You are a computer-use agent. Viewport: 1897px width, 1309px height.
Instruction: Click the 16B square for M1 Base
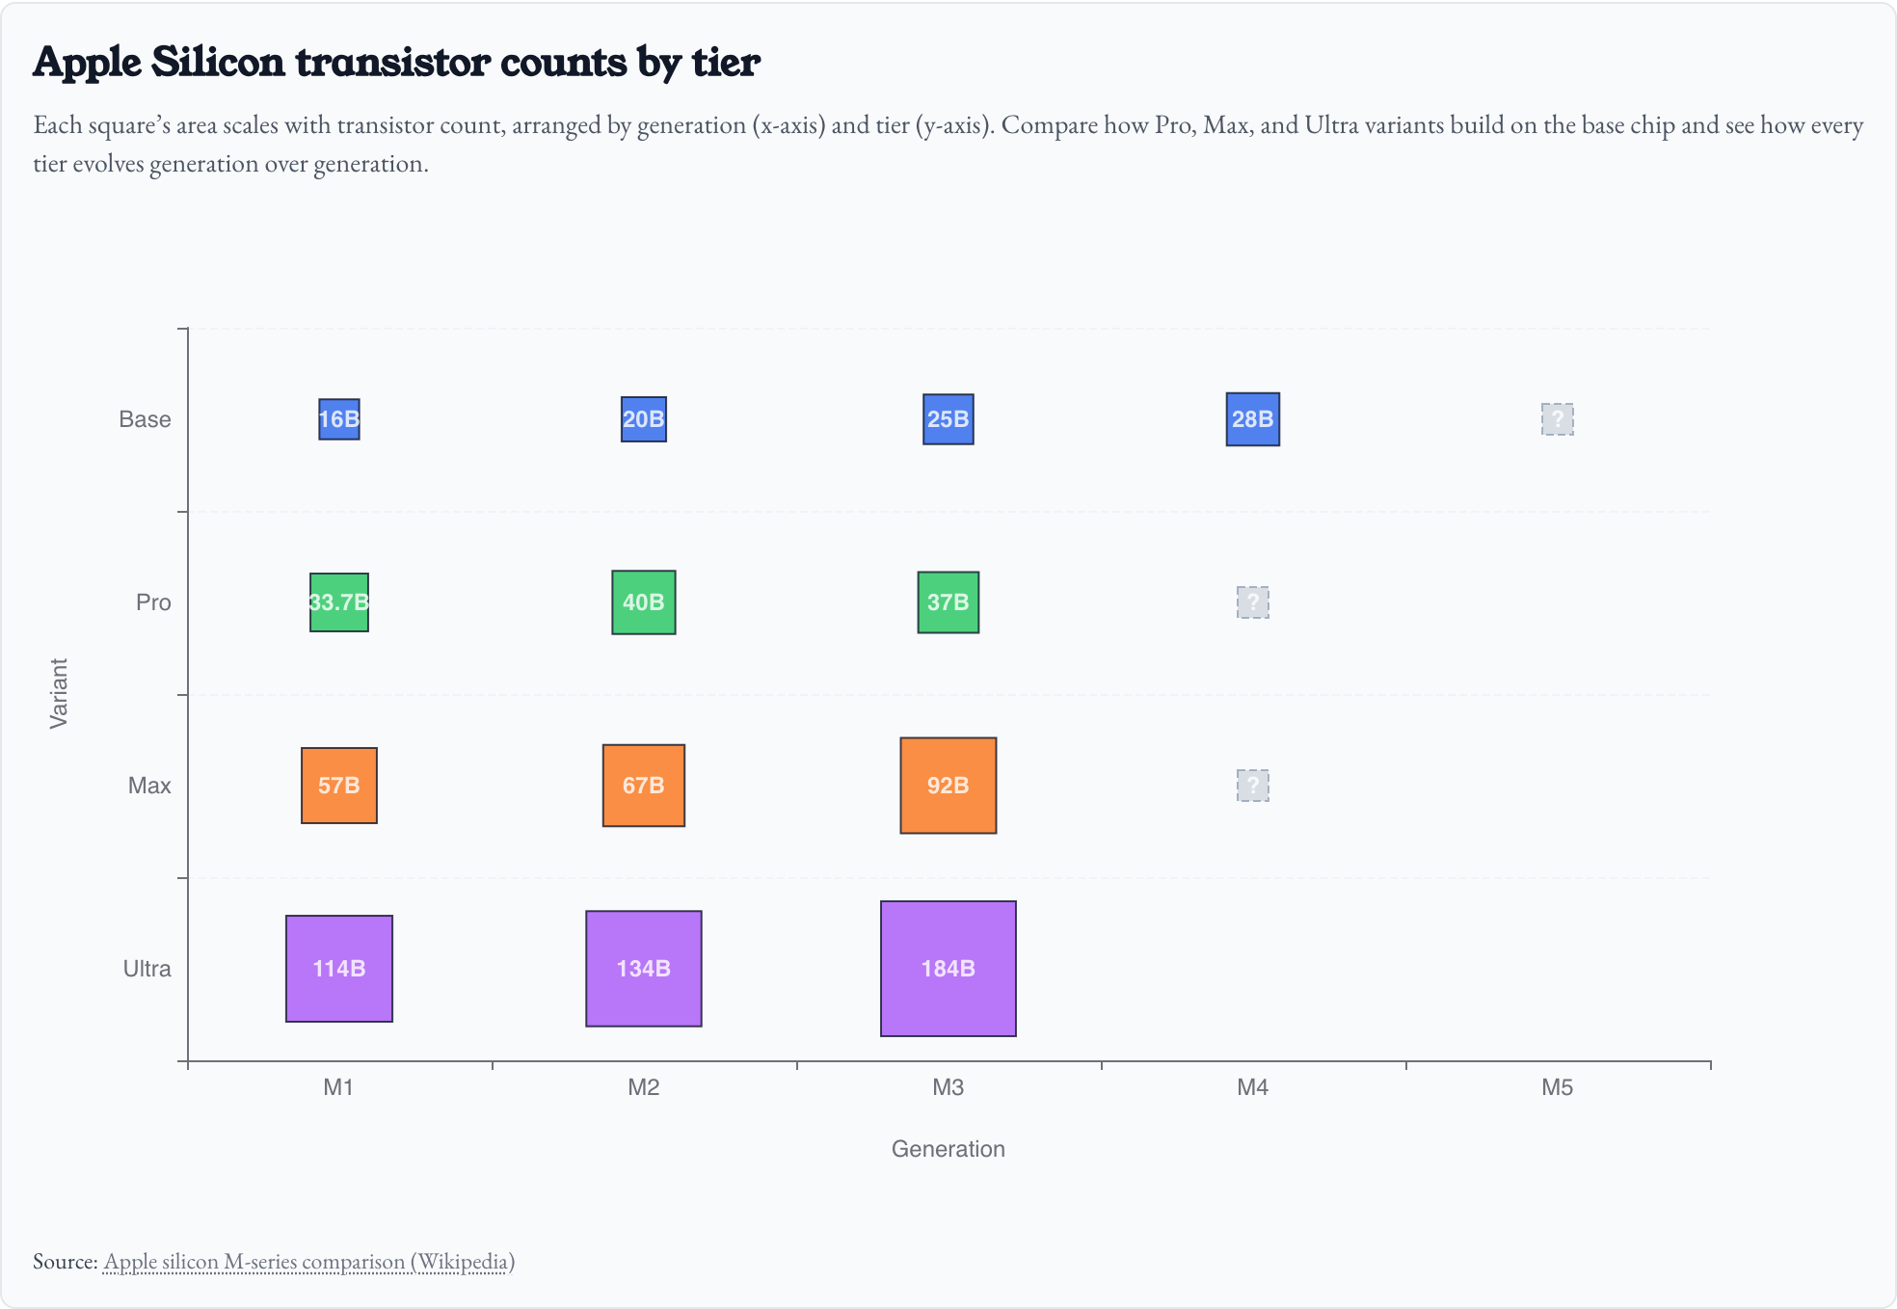(339, 419)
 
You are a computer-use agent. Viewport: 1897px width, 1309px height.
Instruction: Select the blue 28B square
(1252, 419)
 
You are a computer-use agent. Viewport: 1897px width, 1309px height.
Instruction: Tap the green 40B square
(643, 602)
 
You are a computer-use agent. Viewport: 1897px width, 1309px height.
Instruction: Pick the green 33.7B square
(339, 602)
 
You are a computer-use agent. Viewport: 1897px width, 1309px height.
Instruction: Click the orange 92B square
(948, 786)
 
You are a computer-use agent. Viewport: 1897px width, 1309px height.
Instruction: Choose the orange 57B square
(339, 786)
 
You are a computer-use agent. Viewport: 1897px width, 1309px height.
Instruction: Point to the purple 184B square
(948, 969)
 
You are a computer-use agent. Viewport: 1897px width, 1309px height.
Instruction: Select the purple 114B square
(339, 969)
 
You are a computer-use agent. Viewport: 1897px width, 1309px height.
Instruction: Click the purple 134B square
(643, 969)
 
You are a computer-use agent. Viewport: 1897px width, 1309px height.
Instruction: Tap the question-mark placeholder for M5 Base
(1557, 419)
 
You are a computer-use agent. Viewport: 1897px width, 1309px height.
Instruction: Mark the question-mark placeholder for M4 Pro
(1252, 602)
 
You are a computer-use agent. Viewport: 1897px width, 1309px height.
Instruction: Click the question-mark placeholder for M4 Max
(1252, 786)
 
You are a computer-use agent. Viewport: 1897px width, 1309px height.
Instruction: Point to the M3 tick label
(948, 1087)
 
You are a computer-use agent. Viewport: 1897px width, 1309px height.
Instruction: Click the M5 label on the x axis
(1557, 1087)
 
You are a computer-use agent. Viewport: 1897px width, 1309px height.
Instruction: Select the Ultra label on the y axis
(147, 969)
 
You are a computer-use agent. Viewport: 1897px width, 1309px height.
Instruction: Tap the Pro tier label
(153, 602)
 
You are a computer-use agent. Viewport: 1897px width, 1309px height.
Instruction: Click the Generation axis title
(948, 1149)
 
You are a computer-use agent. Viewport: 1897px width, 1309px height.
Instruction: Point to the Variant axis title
(59, 694)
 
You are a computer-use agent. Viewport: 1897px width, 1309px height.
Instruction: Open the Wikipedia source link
(308, 1262)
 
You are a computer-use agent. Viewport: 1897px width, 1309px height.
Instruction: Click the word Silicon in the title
(218, 63)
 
